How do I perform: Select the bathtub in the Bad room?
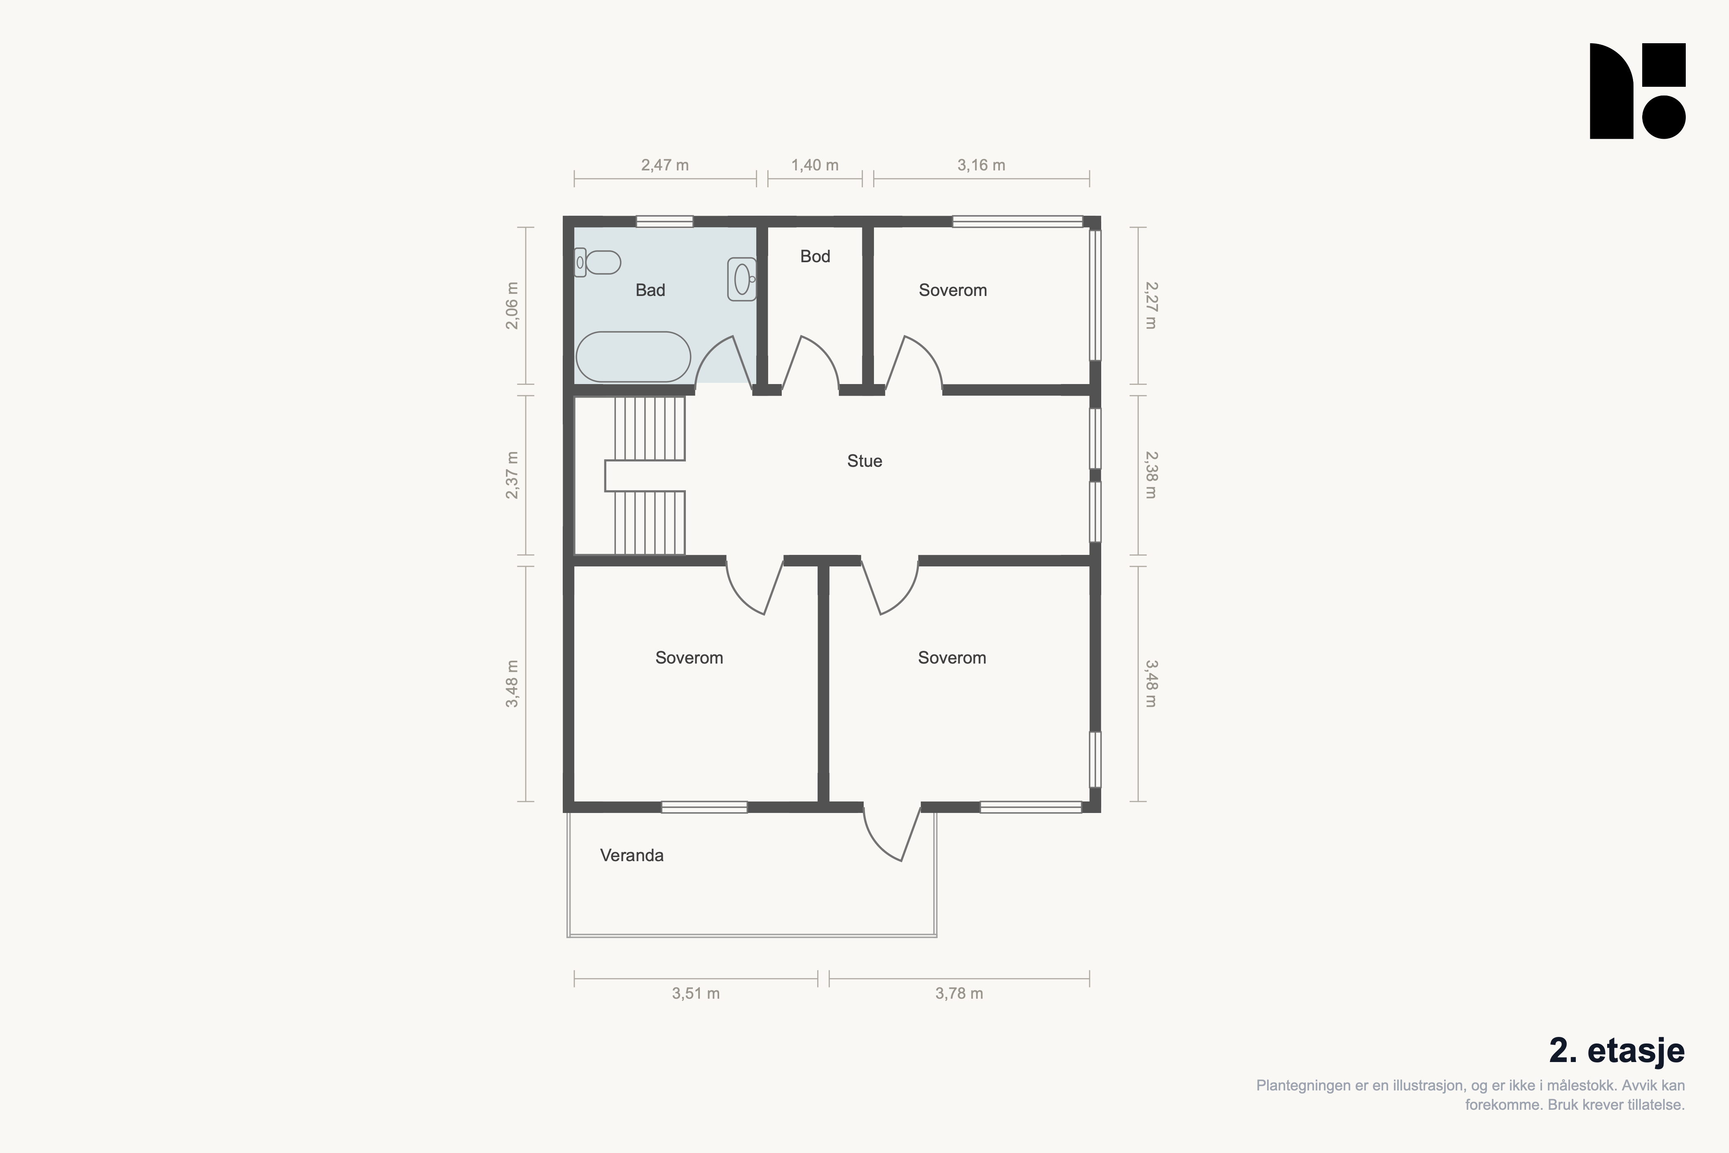tap(633, 356)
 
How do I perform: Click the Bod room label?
tap(815, 256)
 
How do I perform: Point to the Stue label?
tap(864, 461)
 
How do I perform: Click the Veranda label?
tap(632, 855)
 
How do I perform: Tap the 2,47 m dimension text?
tap(665, 165)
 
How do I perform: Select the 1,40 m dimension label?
tap(815, 165)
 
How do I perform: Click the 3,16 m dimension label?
tap(981, 165)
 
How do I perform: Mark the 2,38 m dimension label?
tap(1151, 475)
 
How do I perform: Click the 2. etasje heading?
tap(1617, 1051)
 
